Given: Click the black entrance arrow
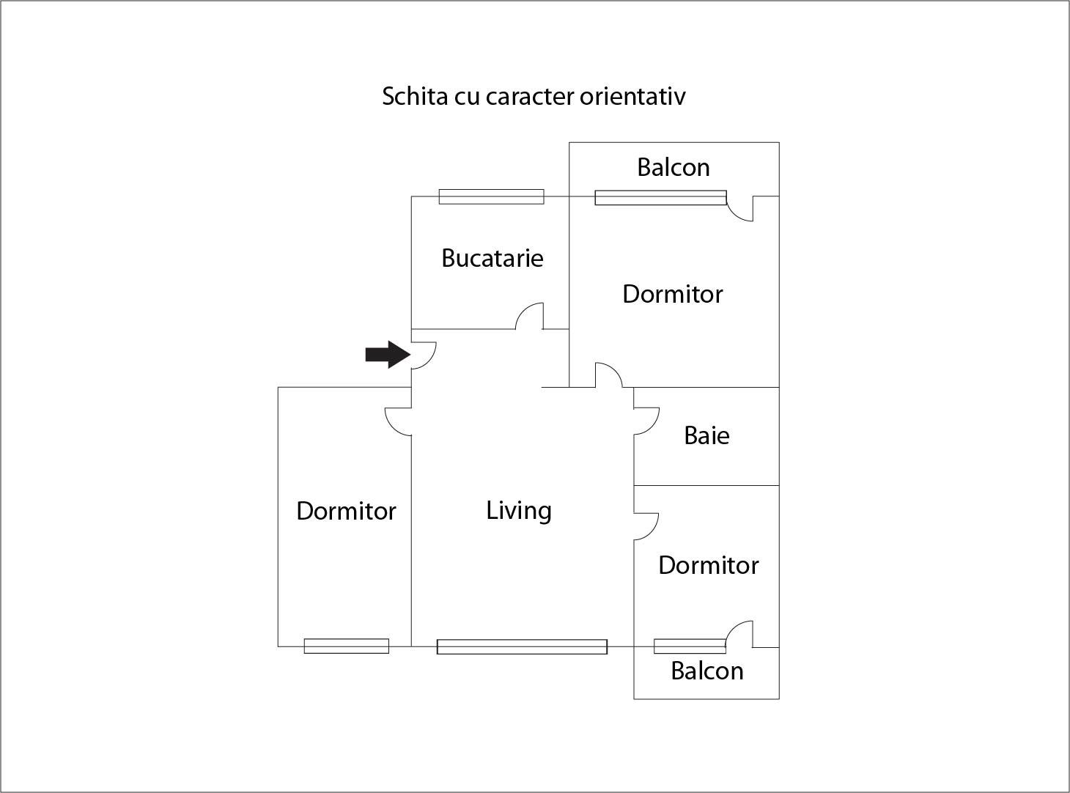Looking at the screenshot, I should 387,355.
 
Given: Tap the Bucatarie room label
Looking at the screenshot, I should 492,258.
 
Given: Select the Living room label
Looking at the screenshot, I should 519,510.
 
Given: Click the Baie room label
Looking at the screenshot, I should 706,435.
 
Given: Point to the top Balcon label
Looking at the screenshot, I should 674,167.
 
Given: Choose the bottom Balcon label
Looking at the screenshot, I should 707,671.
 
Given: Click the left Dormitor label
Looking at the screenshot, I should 346,511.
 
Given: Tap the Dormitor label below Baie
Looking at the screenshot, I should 708,565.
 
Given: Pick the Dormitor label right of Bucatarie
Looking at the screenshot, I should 673,294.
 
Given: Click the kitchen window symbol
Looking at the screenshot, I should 491,196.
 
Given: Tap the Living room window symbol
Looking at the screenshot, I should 522,646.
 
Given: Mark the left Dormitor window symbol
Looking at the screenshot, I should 346,646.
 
